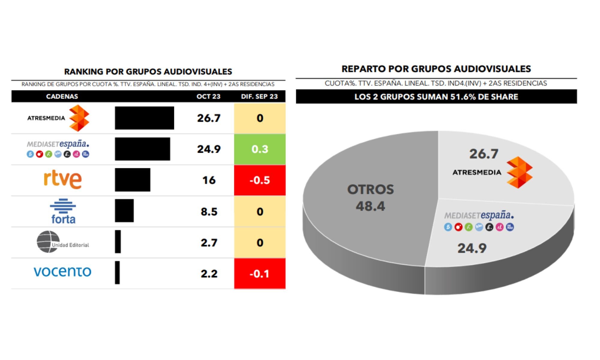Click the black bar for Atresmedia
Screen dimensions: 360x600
(144, 118)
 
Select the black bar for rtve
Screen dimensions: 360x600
(132, 180)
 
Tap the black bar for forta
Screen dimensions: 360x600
(124, 211)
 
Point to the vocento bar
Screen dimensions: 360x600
(117, 272)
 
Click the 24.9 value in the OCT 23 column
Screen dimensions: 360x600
(209, 149)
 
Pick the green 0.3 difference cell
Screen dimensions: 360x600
(260, 149)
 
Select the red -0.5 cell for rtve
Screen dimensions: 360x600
(260, 180)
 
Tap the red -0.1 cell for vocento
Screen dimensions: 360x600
(260, 273)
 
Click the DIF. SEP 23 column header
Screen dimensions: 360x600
(259, 96)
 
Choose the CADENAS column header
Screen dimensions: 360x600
(62, 96)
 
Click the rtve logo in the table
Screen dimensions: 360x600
(63, 179)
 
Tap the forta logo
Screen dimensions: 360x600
(63, 211)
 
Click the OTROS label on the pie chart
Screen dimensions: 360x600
(370, 190)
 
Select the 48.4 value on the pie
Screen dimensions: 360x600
(370, 206)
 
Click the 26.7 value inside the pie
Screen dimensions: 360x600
(484, 154)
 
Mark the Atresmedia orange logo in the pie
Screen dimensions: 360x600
(520, 172)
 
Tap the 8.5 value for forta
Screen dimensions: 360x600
(209, 211)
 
